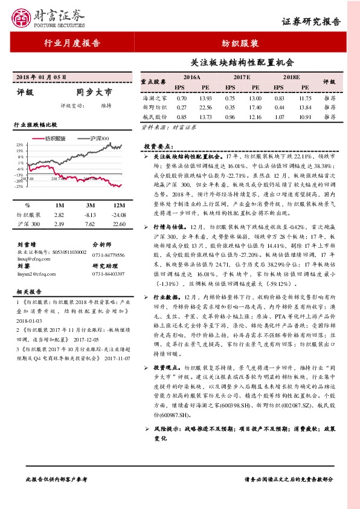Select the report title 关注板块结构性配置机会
(242, 62)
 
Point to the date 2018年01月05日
(42, 77)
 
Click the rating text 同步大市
(95, 92)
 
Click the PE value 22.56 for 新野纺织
(205, 106)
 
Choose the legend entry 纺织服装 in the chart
(55, 138)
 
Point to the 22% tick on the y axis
(20, 145)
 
